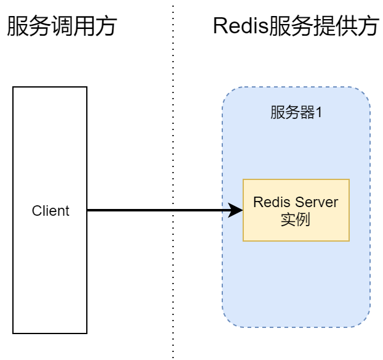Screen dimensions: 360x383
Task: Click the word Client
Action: pyautogui.click(x=50, y=211)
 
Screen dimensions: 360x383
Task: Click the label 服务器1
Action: pyautogui.click(x=296, y=113)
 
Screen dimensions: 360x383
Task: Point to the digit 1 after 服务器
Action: pyautogui.click(x=319, y=113)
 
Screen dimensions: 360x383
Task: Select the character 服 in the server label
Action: pyautogui.click(x=278, y=113)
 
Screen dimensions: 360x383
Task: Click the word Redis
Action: pyautogui.click(x=272, y=202)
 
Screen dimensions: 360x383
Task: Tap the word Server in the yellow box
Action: pyautogui.click(x=316, y=202)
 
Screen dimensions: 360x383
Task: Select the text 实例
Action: pyautogui.click(x=296, y=219)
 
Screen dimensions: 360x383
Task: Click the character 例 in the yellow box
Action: pyautogui.click(x=303, y=219)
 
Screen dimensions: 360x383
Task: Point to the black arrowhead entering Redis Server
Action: pyautogui.click(x=236, y=211)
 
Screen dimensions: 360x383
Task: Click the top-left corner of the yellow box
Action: pyautogui.click(x=243, y=179)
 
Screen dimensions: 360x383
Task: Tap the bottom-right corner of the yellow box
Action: pyautogui.click(x=349, y=240)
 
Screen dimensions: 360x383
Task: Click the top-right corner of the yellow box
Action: pyautogui.click(x=349, y=179)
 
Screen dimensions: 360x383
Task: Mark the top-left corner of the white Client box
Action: pyautogui.click(x=14, y=88)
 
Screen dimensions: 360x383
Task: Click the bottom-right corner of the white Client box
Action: pyautogui.click(x=86, y=332)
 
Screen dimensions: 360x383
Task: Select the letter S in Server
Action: pyautogui.click(x=299, y=202)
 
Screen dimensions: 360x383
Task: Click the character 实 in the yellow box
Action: pyautogui.click(x=288, y=219)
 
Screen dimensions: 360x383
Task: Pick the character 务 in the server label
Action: pyautogui.click(x=292, y=113)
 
